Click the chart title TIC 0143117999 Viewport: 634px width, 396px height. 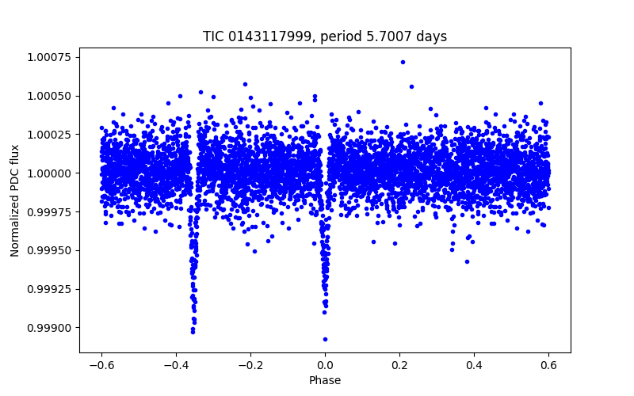click(x=325, y=36)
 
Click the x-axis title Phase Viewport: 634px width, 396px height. click(x=325, y=380)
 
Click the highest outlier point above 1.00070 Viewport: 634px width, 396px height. click(x=403, y=62)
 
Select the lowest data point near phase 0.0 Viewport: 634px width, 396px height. click(x=325, y=339)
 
